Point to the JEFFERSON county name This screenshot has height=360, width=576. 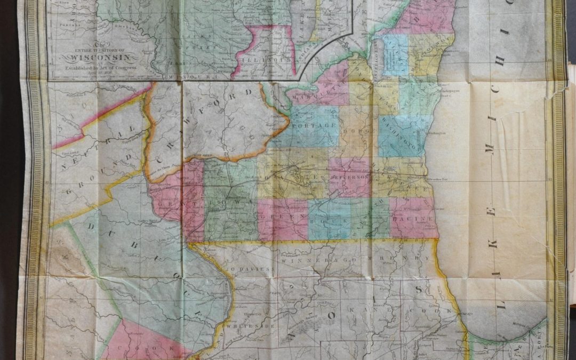tap(350, 175)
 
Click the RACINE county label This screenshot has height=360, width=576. tap(415, 219)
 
